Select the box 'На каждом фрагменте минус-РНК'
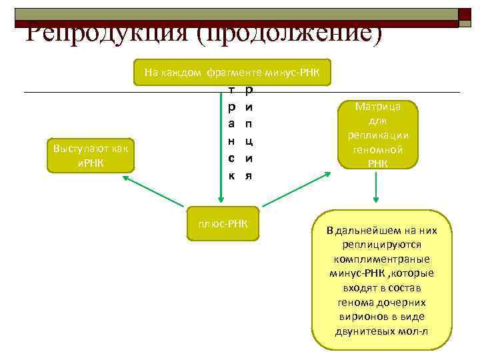[x=231, y=72]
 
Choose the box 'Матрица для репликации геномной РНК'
[x=377, y=135]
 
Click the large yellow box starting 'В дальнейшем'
[x=382, y=281]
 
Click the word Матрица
[x=377, y=106]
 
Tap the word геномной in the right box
[x=377, y=150]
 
